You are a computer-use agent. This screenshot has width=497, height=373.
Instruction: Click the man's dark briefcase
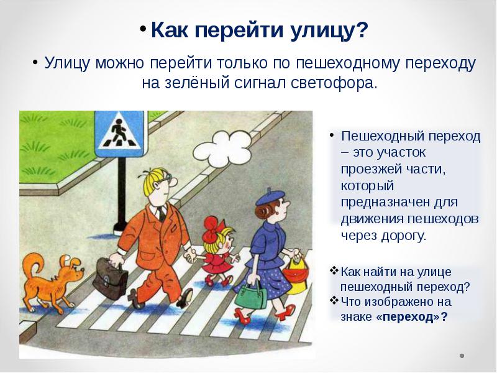[110, 279]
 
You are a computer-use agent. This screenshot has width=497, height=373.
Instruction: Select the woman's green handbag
[250, 296]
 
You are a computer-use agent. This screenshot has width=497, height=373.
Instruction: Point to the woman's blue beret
[270, 197]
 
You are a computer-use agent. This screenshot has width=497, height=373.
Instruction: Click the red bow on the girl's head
[211, 228]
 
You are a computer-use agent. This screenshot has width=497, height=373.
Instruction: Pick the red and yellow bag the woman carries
[294, 275]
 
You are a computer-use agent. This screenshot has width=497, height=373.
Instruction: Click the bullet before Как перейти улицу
[144, 28]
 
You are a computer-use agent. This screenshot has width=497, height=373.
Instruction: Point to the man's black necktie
[162, 213]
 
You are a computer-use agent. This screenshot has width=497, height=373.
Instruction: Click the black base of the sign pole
[120, 228]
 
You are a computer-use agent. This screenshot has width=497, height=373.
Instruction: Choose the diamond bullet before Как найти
[334, 271]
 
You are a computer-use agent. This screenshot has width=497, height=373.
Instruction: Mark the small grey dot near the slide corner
[462, 356]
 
